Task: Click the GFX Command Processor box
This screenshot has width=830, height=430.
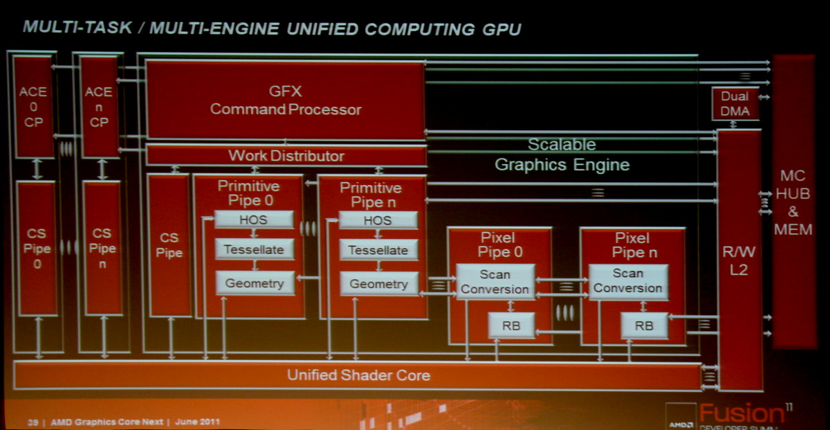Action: point(285,100)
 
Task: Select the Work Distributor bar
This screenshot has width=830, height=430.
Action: point(286,156)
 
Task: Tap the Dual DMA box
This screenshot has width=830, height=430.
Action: point(735,103)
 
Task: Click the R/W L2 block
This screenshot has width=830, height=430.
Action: point(739,260)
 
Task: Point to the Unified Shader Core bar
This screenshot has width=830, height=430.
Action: point(358,375)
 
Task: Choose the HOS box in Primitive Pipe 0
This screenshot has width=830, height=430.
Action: point(254,220)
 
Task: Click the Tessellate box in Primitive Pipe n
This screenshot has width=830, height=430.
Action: point(379,251)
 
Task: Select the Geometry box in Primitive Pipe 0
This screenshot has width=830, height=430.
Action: point(255,283)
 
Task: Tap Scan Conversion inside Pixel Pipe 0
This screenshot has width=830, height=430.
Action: point(495,282)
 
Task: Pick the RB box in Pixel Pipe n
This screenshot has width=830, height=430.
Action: point(645,325)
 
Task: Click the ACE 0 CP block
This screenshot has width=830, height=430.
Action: point(33,107)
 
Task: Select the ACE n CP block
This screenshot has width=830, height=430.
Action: point(99,107)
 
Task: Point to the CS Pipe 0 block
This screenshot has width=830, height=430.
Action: point(37,249)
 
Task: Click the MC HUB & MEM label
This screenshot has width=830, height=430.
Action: point(793,203)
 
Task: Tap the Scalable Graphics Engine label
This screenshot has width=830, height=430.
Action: point(562,154)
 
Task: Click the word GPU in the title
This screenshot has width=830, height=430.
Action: point(501,29)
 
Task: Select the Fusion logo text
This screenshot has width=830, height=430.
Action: point(741,413)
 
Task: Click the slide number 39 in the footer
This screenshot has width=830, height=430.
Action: point(33,422)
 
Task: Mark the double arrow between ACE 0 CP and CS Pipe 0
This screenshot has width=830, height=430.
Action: point(36,170)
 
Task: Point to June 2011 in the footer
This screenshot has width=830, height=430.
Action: point(197,422)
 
